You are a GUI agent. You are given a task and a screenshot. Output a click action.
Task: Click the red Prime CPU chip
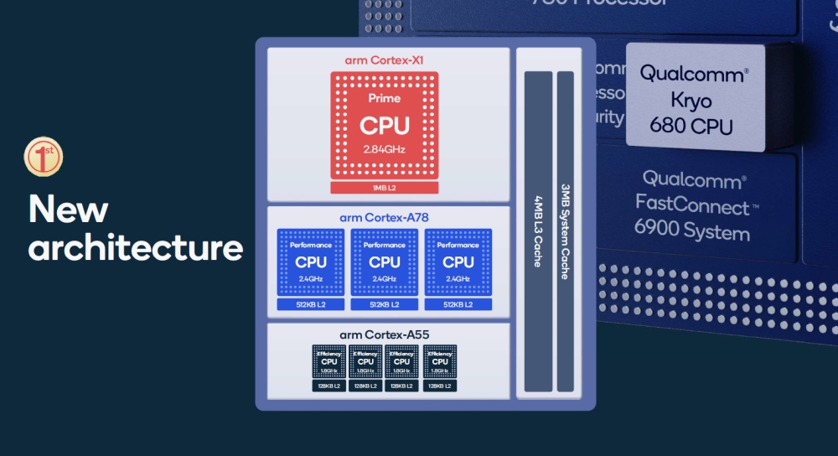[385, 125]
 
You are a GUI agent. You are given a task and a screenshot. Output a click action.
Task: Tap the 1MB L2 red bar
[385, 187]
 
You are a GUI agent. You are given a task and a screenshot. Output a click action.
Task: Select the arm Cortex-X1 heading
[385, 60]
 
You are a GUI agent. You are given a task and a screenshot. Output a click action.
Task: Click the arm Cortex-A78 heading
[385, 218]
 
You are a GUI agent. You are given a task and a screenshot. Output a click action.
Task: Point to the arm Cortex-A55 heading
[385, 335]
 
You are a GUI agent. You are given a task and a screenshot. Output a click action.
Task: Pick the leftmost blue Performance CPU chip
[311, 262]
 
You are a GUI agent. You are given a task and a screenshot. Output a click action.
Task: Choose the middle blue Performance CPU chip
[385, 262]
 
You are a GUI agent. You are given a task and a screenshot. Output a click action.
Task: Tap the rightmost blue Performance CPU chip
[458, 262]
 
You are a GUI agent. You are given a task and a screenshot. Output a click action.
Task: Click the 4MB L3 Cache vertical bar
[538, 231]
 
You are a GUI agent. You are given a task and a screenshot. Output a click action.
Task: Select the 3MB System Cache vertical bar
[566, 231]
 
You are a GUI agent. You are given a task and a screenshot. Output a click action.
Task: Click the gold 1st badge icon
[44, 158]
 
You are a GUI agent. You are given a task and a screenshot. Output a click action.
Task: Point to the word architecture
[136, 248]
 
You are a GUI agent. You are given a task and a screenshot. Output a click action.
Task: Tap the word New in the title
[68, 210]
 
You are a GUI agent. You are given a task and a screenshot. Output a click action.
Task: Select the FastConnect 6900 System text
[691, 205]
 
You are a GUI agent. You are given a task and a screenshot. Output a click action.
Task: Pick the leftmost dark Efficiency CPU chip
[328, 361]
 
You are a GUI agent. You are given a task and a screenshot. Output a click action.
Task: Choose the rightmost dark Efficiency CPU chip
[439, 361]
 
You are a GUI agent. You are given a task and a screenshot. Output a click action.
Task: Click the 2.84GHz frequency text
[385, 149]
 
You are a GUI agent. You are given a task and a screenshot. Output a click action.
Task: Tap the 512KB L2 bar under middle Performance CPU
[385, 304]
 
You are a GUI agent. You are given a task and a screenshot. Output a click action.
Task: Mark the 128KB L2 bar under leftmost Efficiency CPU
[328, 386]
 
